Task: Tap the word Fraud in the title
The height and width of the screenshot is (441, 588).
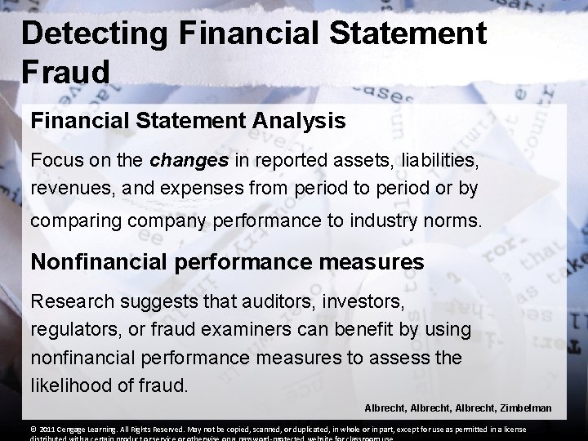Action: (65, 73)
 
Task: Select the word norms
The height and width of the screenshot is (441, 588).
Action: (451, 220)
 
